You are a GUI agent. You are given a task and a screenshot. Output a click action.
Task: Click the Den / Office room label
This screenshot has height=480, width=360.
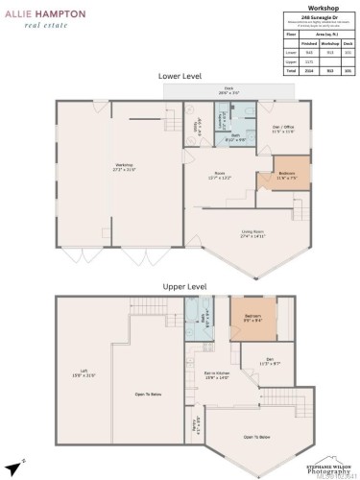coord(283,128)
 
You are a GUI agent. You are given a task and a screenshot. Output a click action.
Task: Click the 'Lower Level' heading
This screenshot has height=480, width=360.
coord(180,75)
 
